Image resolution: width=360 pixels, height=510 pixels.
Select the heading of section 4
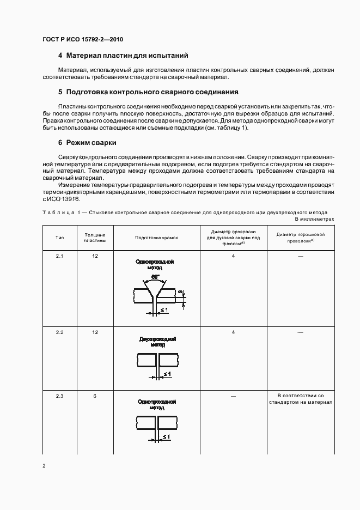point(123,56)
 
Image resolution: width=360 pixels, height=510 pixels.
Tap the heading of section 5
point(148,92)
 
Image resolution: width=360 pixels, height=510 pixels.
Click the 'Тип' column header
point(60,238)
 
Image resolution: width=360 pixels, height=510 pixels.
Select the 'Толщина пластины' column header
point(95,238)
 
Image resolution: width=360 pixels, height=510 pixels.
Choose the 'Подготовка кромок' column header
point(157,238)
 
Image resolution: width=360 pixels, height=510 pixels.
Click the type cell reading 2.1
point(60,256)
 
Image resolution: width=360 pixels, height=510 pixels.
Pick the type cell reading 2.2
point(60,332)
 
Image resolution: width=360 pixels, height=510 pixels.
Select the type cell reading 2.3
point(60,396)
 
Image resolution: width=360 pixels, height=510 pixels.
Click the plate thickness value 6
point(95,396)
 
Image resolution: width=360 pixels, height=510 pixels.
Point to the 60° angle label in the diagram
point(155,277)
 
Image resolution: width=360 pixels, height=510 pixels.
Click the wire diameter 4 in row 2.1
point(233,256)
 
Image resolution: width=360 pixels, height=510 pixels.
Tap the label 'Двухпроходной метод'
point(157,342)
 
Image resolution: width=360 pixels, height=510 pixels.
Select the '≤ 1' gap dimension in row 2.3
point(166,437)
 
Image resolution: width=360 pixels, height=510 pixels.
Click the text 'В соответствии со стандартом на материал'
point(300,399)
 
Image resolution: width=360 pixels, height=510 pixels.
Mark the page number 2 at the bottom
point(44,466)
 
